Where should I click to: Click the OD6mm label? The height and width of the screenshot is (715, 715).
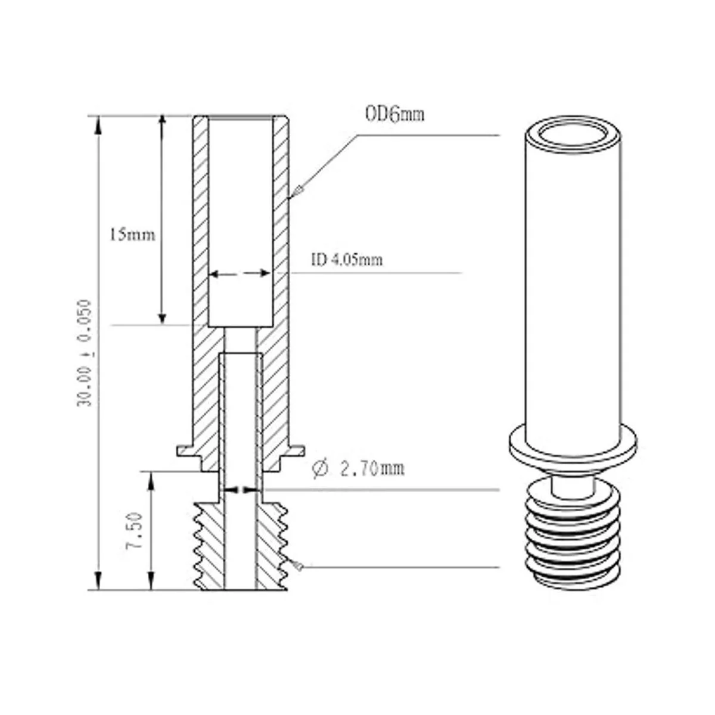pos(395,114)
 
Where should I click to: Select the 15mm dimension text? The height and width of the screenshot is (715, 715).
pos(132,235)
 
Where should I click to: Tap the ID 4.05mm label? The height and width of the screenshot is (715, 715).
pos(347,260)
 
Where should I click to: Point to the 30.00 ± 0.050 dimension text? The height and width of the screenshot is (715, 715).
pos(84,353)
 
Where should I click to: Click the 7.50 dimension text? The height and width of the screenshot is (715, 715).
pos(134,531)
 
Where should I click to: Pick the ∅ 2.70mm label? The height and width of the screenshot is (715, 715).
pos(359,469)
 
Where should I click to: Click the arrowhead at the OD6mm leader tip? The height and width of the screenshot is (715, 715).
pos(297,192)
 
